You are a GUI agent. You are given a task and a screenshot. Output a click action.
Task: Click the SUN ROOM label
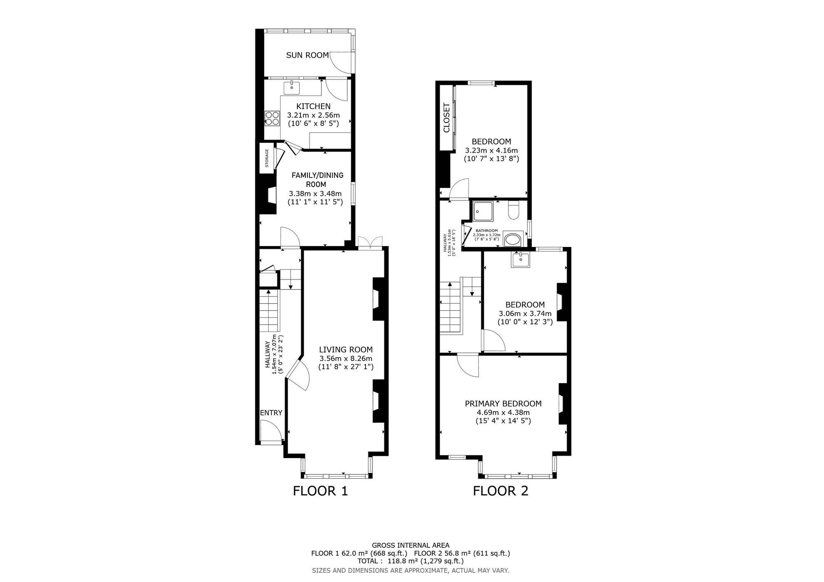tap(307, 55)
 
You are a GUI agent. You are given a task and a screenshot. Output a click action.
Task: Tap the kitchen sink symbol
tap(291, 88)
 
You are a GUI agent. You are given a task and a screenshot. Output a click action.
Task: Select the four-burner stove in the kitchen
tap(272, 118)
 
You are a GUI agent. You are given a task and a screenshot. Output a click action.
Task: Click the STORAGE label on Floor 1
tap(267, 158)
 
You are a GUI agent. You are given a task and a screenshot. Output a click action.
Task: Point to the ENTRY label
tap(271, 413)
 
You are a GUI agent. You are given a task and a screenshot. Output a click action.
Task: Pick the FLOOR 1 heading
tap(321, 491)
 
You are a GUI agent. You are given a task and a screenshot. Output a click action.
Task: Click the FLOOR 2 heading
tap(501, 491)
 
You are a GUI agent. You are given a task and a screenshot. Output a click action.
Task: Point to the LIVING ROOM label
tap(346, 349)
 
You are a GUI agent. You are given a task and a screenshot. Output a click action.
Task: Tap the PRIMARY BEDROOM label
tap(503, 404)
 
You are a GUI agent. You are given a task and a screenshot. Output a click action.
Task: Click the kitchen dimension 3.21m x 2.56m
tap(314, 115)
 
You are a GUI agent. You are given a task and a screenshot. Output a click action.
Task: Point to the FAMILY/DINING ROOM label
tap(317, 180)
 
